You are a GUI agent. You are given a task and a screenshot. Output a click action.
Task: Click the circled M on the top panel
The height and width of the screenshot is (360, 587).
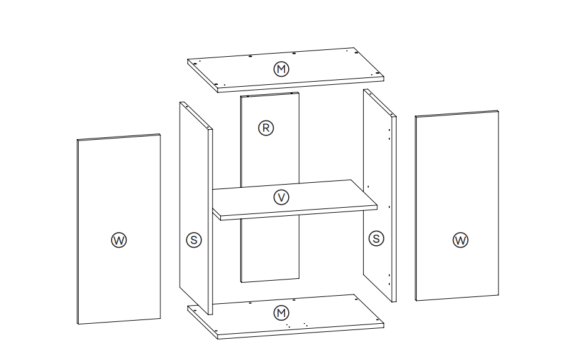281,69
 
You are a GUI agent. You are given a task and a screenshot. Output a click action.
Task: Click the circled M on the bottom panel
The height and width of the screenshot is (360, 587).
281,312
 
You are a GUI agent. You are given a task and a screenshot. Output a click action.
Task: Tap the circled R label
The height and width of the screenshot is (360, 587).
266,128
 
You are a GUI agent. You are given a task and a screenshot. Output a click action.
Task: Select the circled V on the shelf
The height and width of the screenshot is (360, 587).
281,197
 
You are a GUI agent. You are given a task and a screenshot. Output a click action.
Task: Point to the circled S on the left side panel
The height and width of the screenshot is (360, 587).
194,239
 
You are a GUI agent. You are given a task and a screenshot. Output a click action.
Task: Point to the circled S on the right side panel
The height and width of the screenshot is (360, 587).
376,238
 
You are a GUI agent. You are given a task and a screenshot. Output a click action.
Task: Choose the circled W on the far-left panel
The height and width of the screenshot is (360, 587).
119,240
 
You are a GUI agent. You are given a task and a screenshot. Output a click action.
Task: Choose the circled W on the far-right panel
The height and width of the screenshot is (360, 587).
460,240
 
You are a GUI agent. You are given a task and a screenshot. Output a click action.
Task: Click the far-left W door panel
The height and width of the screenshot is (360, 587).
119,187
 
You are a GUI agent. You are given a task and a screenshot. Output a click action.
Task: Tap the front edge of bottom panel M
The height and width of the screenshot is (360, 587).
299,331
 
